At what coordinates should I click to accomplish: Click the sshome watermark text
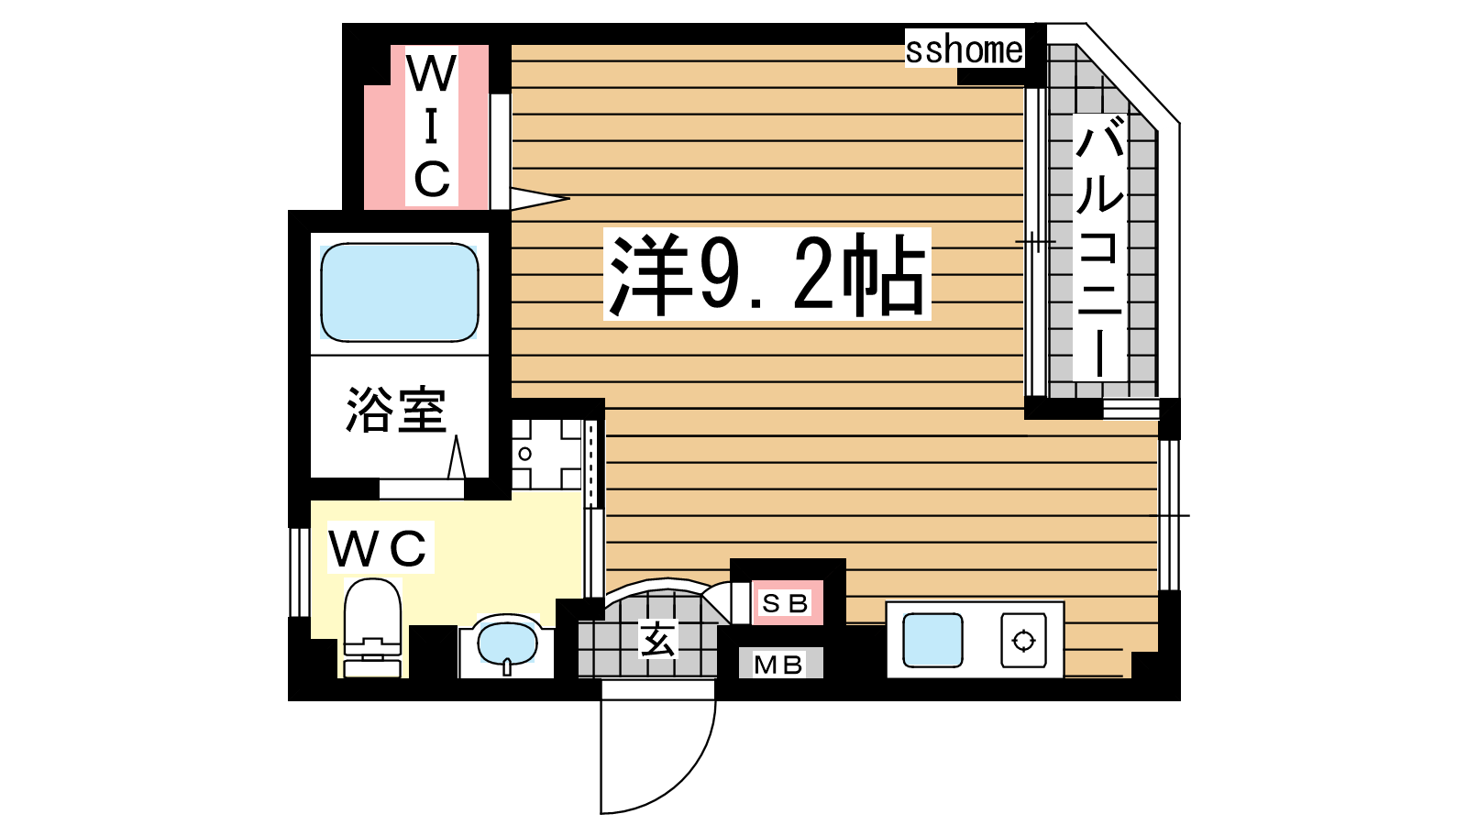click(964, 49)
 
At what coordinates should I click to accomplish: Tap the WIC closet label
click(431, 126)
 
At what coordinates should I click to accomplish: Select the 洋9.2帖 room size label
click(767, 274)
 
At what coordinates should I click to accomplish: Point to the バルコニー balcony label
click(1100, 247)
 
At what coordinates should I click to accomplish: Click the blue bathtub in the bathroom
click(400, 292)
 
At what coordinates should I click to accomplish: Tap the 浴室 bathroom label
click(396, 410)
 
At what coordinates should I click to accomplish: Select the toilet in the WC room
click(372, 627)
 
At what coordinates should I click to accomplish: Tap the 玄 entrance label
click(657, 639)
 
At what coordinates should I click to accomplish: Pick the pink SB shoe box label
click(788, 603)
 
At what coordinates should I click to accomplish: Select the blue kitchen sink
click(932, 640)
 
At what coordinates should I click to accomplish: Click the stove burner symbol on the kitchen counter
click(1023, 641)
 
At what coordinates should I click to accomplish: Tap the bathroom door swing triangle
click(457, 457)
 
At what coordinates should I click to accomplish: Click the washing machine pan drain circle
click(524, 454)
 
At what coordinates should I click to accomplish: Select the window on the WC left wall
click(299, 572)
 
